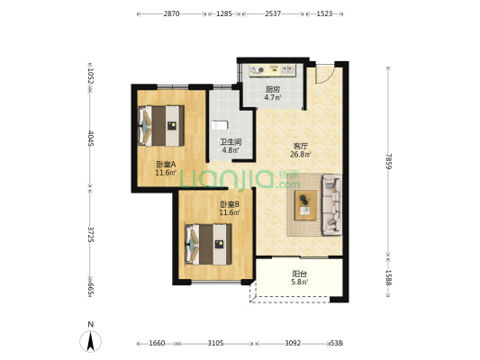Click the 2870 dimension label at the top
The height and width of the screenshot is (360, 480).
pos(171,13)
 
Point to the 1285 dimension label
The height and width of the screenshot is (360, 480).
pos(224,13)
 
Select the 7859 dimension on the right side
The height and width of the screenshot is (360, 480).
pos(388,161)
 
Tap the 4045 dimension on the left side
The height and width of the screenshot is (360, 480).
pos(91,139)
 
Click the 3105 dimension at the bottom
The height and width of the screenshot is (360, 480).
pos(215,343)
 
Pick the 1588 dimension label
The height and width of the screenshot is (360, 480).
pos(388,277)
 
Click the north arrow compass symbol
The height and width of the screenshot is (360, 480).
pos(90,341)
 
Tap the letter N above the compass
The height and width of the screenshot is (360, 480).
pos(90,324)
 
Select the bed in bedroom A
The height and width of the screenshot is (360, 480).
pos(161,126)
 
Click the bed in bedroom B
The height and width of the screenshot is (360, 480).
pos(208,245)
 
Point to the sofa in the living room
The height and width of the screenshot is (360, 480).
pos(331,204)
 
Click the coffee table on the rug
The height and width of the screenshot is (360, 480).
pos(305,205)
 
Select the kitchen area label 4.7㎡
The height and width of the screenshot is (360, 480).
pos(273,98)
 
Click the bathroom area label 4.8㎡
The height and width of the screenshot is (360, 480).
pos(231,150)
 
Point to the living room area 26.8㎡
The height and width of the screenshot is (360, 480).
pos(301,155)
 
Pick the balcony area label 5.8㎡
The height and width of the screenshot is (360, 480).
pos(299,282)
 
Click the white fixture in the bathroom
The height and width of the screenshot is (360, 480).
pos(220,125)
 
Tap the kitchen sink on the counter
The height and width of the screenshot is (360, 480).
pos(288,70)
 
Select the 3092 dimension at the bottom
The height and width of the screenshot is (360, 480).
pos(293,343)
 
